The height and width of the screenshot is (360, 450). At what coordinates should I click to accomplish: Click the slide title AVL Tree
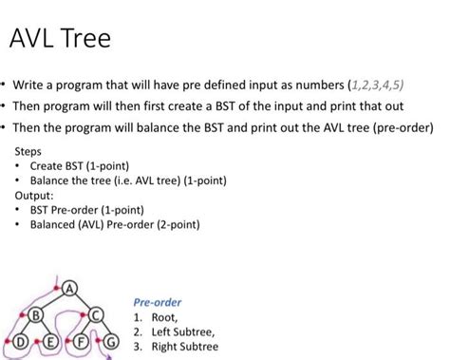coord(60,38)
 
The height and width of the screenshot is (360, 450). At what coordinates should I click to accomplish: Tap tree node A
coord(70,289)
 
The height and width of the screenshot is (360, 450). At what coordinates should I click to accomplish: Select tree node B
coord(36,315)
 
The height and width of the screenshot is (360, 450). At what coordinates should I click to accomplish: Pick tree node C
coord(96,315)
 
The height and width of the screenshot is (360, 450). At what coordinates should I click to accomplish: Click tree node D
coord(20,342)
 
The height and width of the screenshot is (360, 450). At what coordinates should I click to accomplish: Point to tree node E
coord(49,342)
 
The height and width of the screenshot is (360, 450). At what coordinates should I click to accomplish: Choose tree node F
coord(81,342)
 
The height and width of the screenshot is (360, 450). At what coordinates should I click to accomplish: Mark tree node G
coord(111,342)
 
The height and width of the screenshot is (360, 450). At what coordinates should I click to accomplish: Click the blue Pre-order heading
coord(158,302)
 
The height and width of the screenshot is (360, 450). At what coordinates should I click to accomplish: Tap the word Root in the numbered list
coord(164,317)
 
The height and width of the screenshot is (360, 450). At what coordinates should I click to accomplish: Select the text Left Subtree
coord(183,332)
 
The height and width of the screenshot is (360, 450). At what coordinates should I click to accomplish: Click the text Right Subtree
coord(185,347)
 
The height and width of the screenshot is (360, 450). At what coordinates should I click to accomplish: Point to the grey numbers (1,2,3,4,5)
coord(376,85)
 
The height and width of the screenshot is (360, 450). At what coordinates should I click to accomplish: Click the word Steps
coord(28,151)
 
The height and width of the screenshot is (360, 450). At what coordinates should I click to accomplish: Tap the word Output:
coord(34,196)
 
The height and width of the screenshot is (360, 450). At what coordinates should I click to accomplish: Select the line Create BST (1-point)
coord(80,166)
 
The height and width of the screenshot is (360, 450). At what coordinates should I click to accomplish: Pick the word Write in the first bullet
coord(28,85)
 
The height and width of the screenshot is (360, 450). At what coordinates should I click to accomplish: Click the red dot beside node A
coord(57,288)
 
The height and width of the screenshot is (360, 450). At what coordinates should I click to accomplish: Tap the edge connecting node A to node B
coord(53,302)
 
